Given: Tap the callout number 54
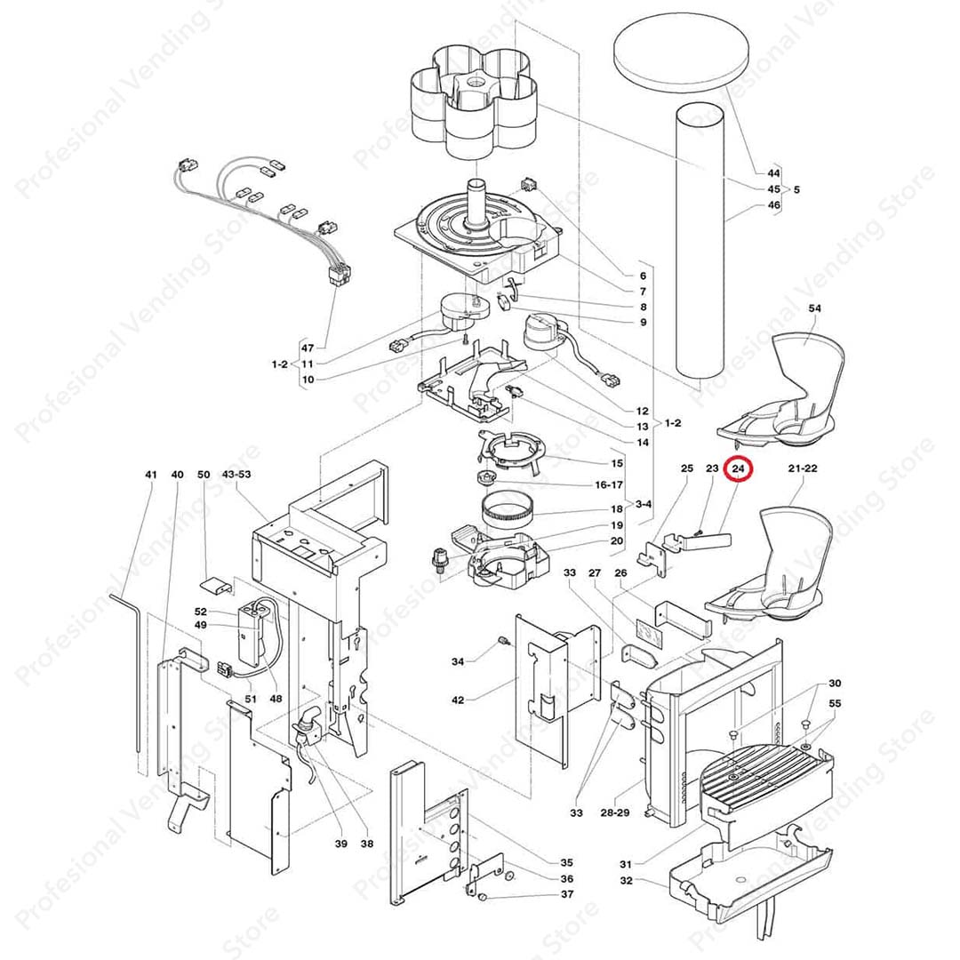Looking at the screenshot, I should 814,308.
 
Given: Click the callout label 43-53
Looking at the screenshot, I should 236,475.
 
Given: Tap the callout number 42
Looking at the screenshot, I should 458,700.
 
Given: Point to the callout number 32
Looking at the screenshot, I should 626,881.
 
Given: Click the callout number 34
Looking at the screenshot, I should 457,661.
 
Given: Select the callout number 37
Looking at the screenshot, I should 566,894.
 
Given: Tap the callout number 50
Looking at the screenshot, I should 204,475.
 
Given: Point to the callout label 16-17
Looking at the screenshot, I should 610,484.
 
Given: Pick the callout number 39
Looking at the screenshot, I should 340,844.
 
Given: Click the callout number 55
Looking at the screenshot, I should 834,703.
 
